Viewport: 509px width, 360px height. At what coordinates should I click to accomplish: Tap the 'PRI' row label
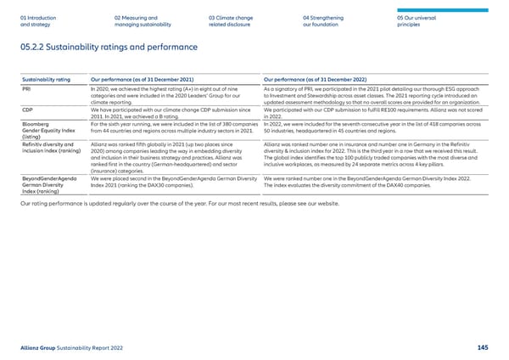tap(26, 89)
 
